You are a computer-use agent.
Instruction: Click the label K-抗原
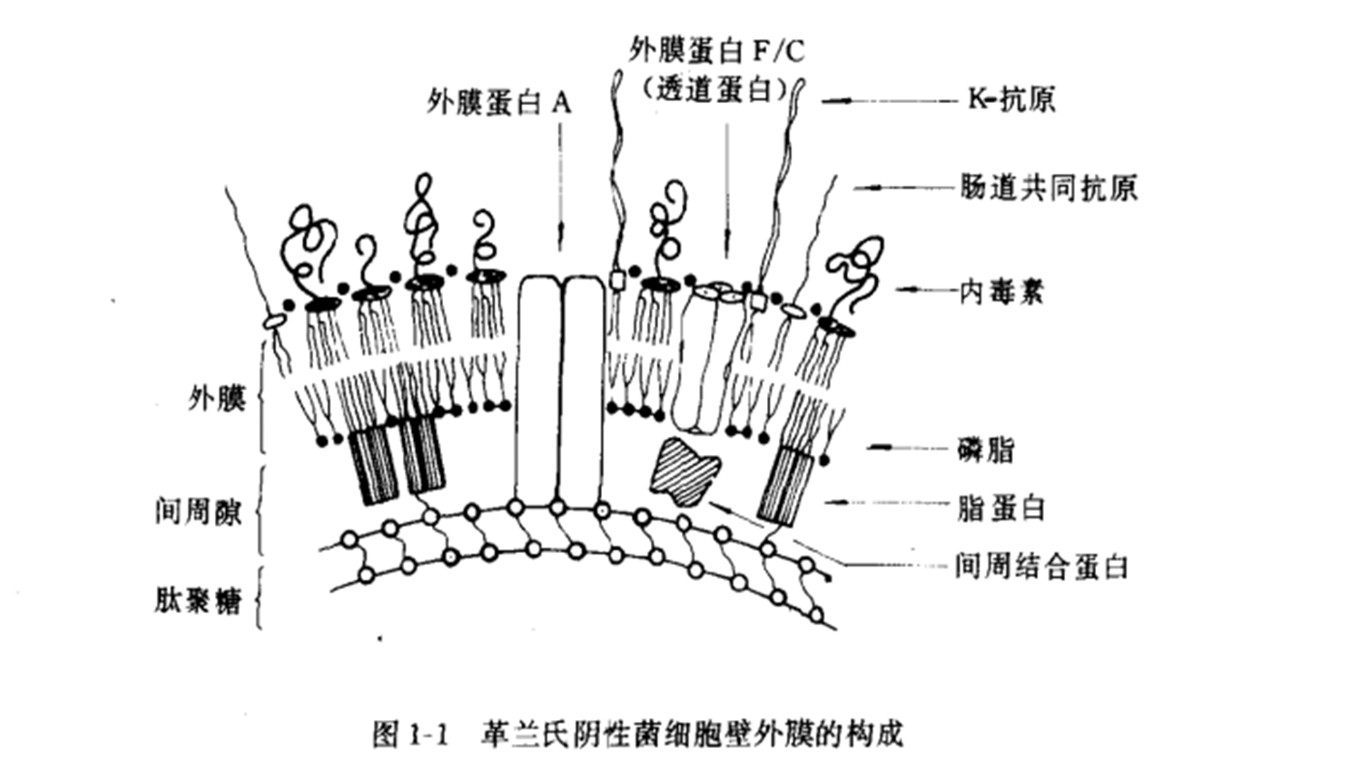[x=1011, y=100]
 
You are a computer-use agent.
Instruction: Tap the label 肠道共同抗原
[x=1048, y=188]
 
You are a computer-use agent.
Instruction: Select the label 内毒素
[x=1001, y=290]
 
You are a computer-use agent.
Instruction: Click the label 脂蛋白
[x=1001, y=508]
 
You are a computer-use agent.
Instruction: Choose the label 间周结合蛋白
[x=1041, y=567]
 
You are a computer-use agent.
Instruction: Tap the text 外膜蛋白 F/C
[x=716, y=51]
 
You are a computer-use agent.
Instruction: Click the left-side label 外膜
[x=217, y=399]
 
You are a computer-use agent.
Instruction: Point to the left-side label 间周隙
[x=199, y=511]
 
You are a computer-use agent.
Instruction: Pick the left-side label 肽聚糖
[x=199, y=601]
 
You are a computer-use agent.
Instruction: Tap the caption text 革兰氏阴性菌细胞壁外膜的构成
[x=693, y=735]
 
